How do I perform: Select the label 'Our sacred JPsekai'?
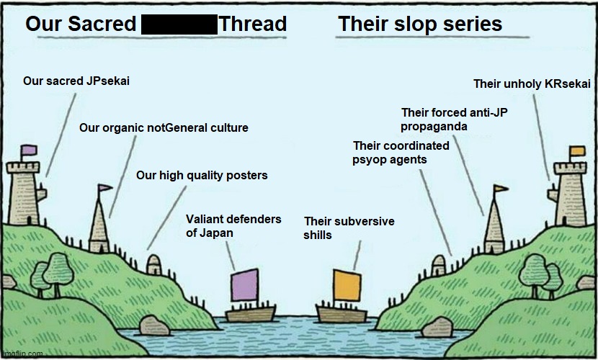(x=76, y=81)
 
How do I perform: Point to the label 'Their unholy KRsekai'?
(x=532, y=84)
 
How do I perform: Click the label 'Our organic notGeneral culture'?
(x=164, y=128)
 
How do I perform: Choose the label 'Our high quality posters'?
(x=202, y=176)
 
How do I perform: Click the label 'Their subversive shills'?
(x=349, y=228)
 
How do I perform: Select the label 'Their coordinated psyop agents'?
(x=401, y=153)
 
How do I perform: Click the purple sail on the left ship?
(x=246, y=286)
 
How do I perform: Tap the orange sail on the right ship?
(x=347, y=286)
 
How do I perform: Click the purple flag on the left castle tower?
(x=29, y=150)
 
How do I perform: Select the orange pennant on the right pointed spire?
(x=500, y=189)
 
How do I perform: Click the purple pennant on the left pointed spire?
(x=105, y=189)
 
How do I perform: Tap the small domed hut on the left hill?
(x=153, y=264)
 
